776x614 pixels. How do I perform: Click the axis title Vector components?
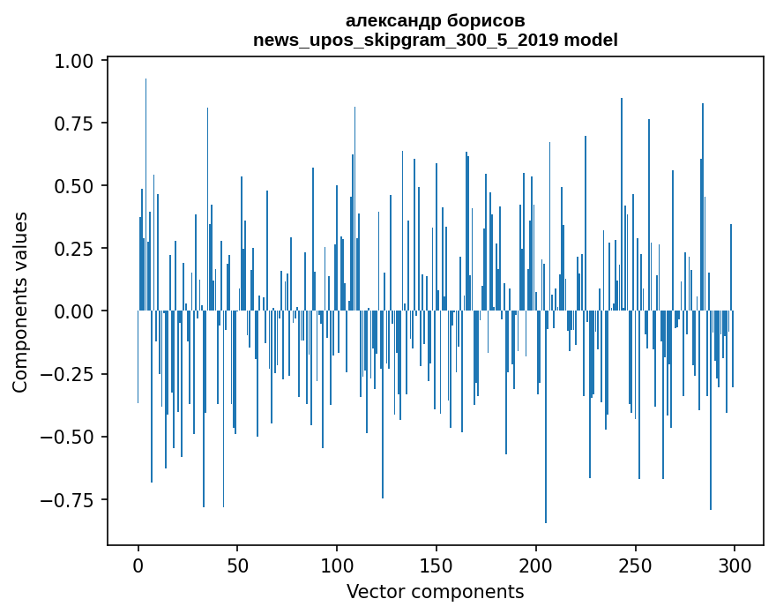(x=436, y=592)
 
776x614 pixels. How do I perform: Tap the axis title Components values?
(x=20, y=302)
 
